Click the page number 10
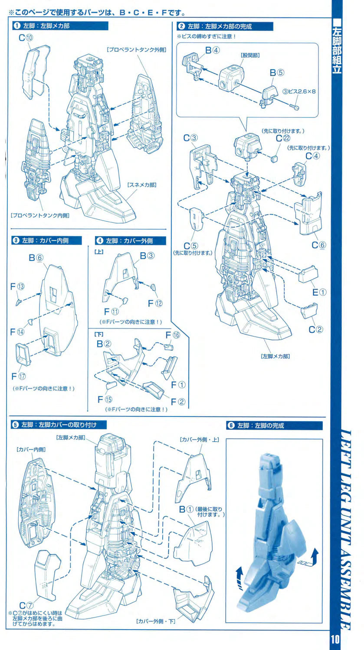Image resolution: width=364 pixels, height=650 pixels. pyautogui.click(x=336, y=640)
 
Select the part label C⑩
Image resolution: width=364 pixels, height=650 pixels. pyautogui.click(x=26, y=38)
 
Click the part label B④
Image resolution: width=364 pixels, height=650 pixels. pyautogui.click(x=212, y=50)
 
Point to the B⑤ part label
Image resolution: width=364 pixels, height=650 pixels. pyautogui.click(x=276, y=73)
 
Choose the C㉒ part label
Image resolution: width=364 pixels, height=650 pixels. pyautogui.click(x=282, y=138)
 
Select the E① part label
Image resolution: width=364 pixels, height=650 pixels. pyautogui.click(x=319, y=292)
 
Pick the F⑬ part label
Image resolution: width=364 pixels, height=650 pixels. pyautogui.click(x=17, y=286)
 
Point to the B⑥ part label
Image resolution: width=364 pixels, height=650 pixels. pyautogui.click(x=36, y=257)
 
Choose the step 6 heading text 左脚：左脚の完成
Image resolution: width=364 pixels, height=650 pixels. pyautogui.click(x=263, y=426)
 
